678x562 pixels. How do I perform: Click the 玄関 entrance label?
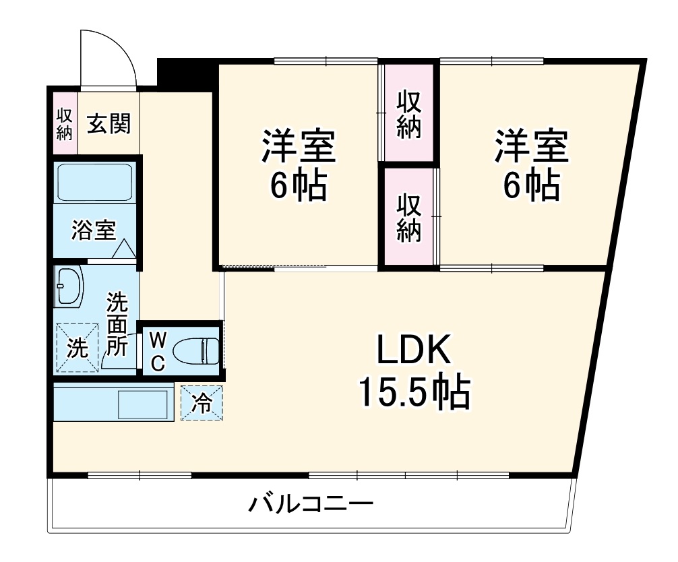[109, 123]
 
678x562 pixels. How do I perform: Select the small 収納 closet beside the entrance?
[64, 123]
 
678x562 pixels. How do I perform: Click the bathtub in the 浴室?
[94, 182]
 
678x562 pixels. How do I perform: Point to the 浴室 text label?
[94, 231]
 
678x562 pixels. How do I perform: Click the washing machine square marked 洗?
[77, 348]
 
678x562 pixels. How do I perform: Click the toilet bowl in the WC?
[195, 350]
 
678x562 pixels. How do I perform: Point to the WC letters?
[156, 350]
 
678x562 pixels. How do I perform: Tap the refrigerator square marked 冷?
[201, 402]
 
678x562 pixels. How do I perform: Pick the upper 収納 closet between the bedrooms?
[408, 113]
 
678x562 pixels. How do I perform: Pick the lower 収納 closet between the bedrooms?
[408, 217]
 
